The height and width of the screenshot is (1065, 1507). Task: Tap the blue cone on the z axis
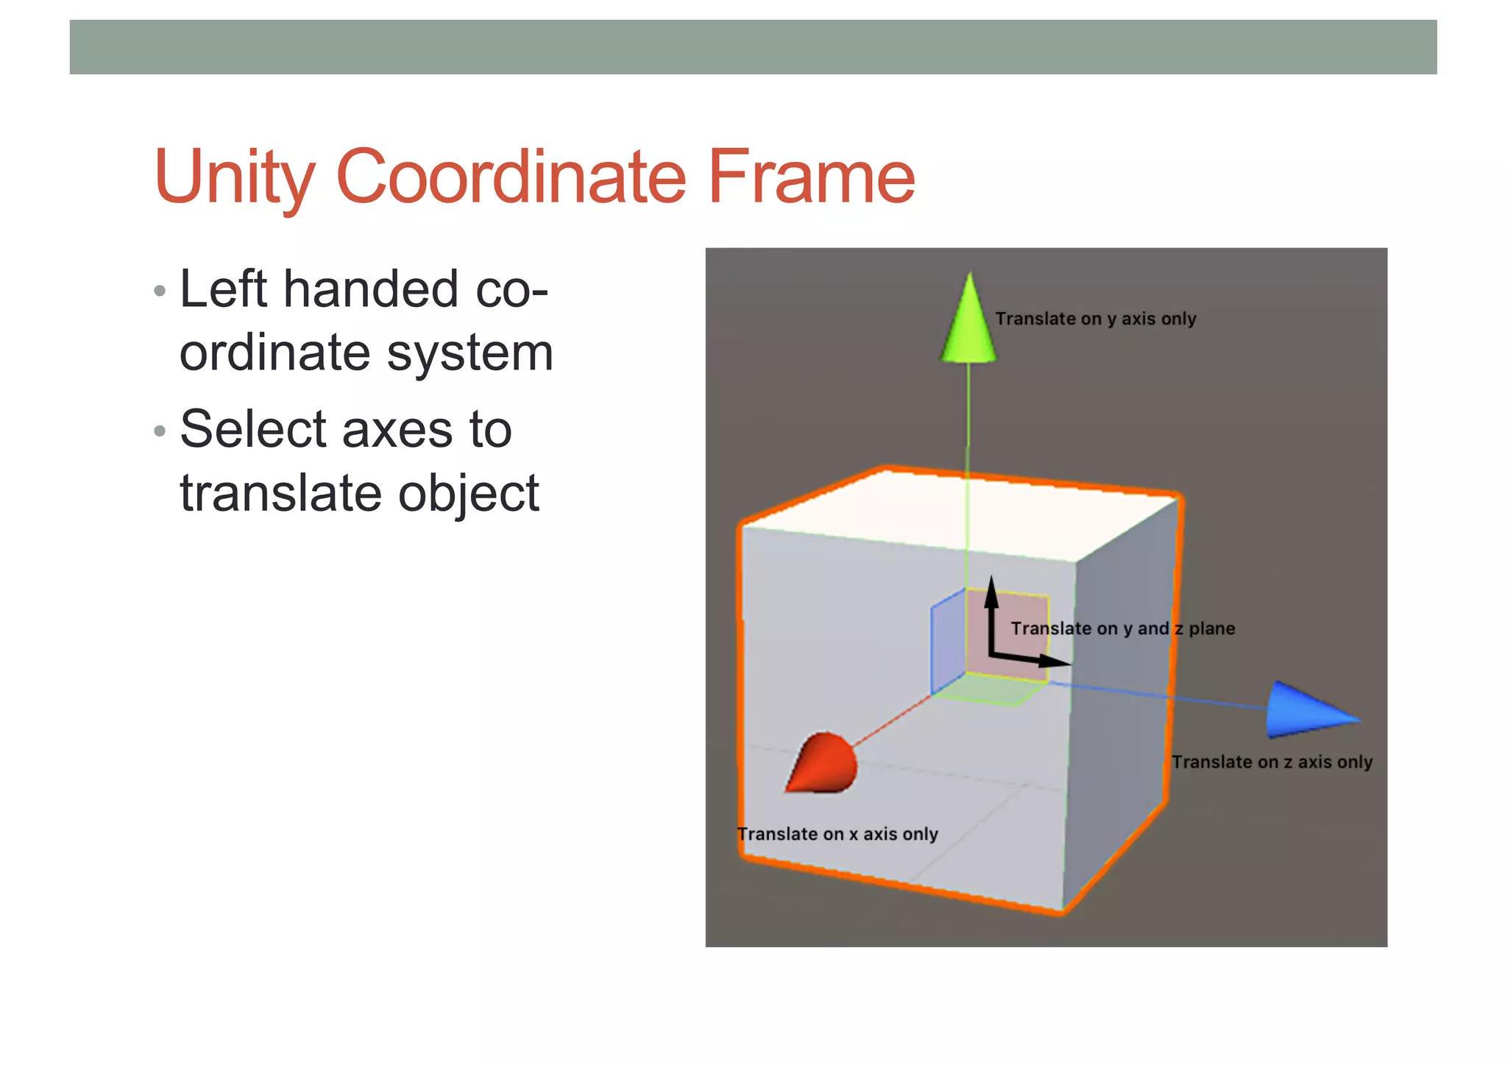pyautogui.click(x=1307, y=710)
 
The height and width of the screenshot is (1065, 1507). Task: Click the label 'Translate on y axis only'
pyautogui.click(x=1095, y=319)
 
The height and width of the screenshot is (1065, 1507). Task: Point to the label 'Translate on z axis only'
pyautogui.click(x=1272, y=762)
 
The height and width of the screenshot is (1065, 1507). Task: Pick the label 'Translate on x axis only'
pyautogui.click(x=837, y=834)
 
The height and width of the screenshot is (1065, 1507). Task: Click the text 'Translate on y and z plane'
pyautogui.click(x=1122, y=629)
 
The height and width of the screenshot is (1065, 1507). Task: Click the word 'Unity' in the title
pyautogui.click(x=235, y=178)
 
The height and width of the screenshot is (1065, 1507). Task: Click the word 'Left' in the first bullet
pyautogui.click(x=223, y=289)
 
